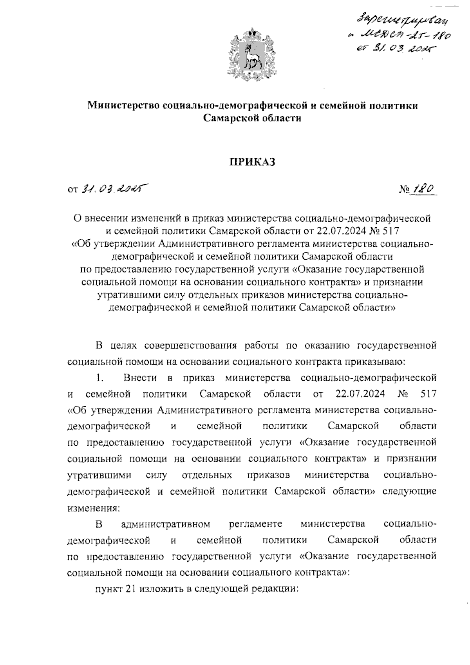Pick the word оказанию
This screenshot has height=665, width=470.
coord(320,345)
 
